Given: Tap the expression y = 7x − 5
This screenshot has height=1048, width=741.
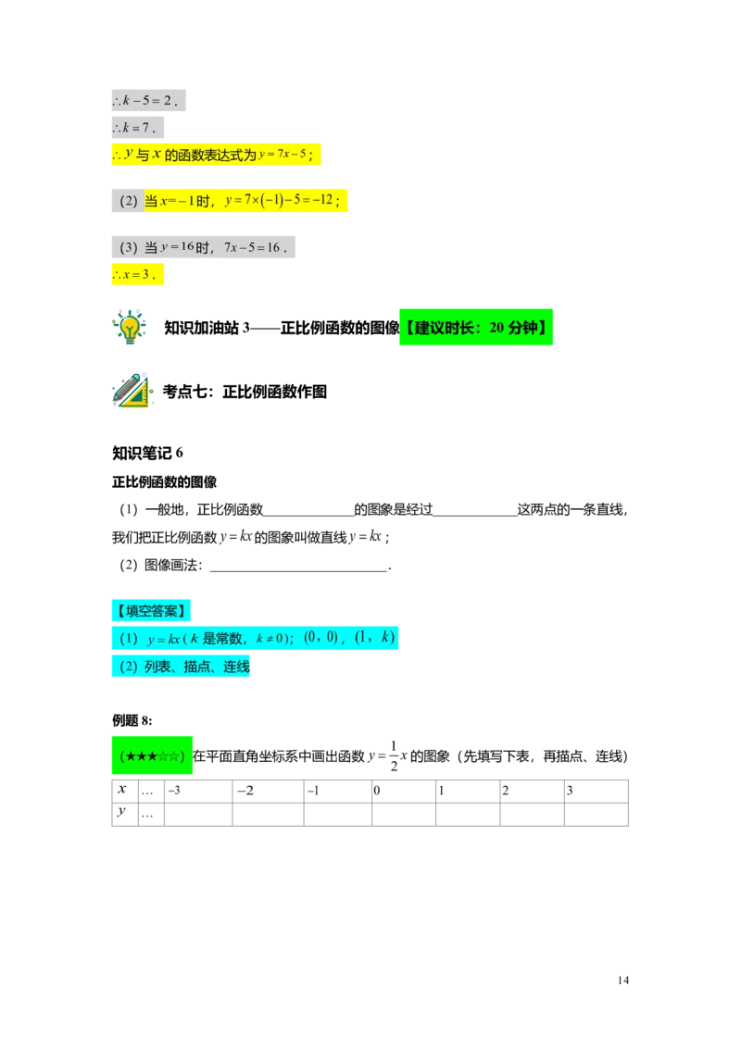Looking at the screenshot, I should click(x=283, y=154).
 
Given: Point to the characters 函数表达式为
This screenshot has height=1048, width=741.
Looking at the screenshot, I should click(x=210, y=155).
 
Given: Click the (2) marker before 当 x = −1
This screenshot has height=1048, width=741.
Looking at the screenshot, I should click(x=128, y=200).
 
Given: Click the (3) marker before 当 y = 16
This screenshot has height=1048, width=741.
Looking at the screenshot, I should click(x=128, y=247).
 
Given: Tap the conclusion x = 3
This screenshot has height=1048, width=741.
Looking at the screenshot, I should click(x=137, y=274).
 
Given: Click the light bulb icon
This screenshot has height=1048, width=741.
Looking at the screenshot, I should click(x=130, y=326).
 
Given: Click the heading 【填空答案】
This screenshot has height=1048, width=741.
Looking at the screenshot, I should click(x=151, y=610).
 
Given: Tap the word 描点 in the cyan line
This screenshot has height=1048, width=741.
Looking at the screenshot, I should click(x=197, y=667).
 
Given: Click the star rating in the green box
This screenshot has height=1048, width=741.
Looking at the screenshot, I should click(x=154, y=756).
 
